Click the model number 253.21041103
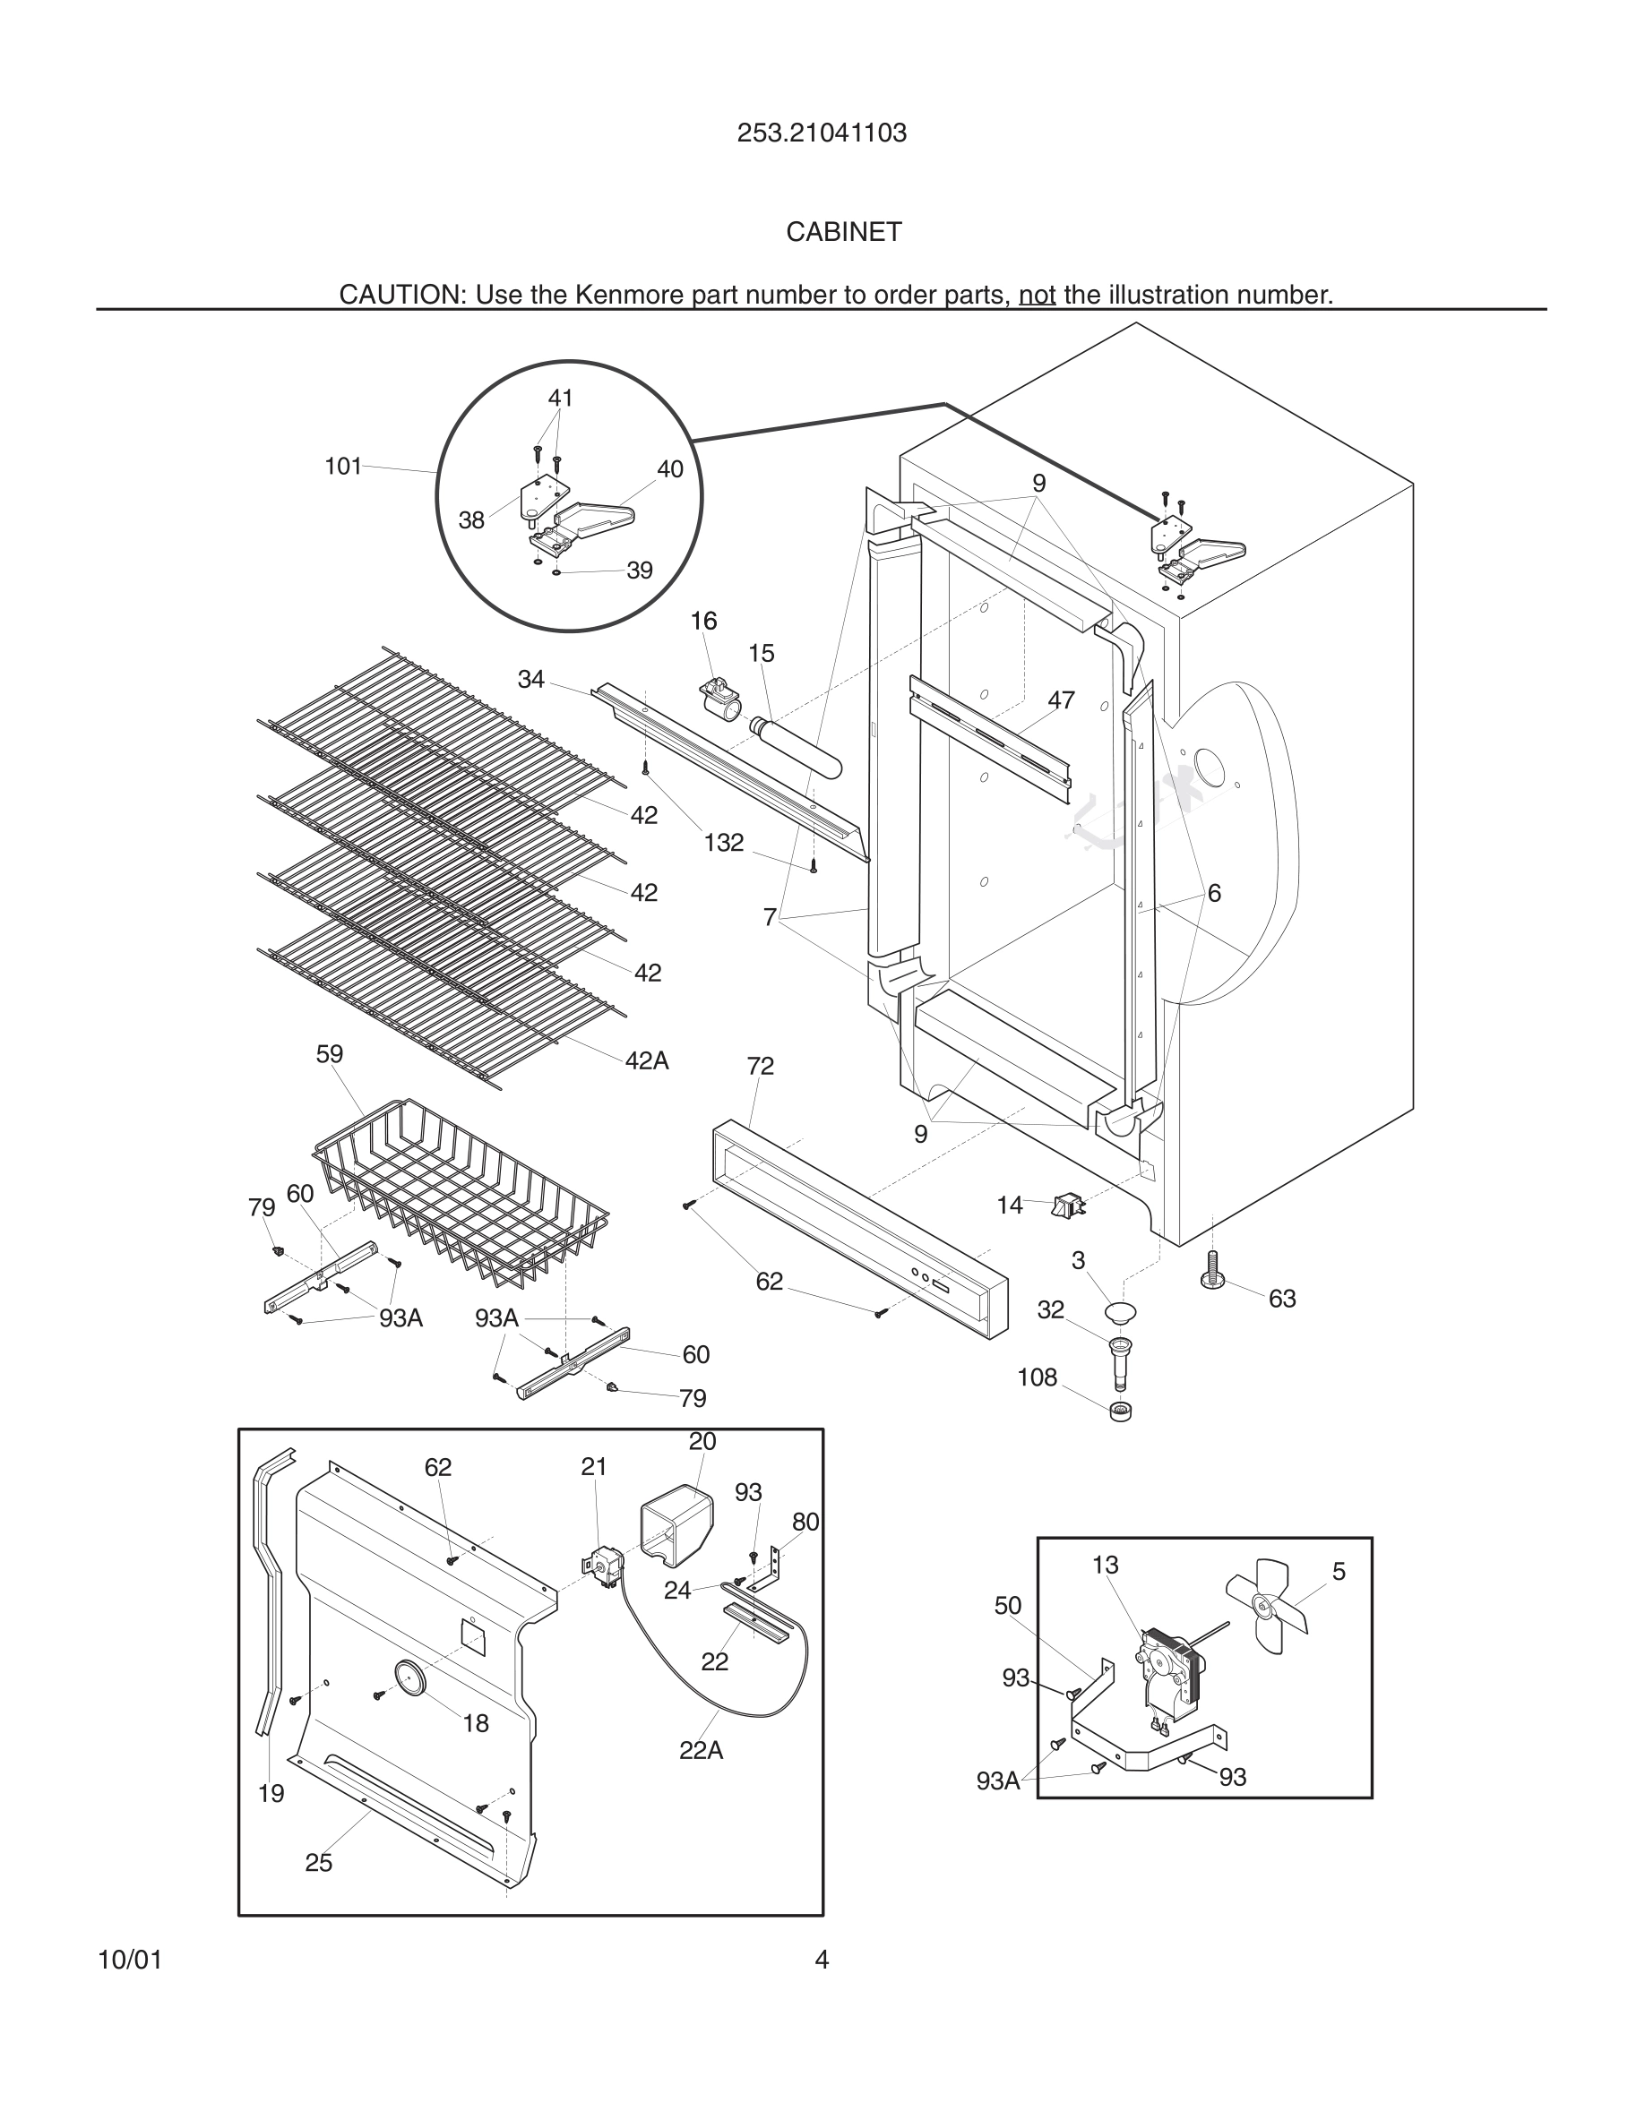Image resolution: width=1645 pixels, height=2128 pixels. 822,133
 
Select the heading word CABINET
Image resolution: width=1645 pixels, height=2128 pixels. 844,232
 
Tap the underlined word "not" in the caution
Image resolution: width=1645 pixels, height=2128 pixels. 1037,295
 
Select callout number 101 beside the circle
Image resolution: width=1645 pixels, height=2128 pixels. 343,467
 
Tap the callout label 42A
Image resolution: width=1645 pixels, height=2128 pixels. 646,1061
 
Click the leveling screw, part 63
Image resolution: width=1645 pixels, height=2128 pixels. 1212,1271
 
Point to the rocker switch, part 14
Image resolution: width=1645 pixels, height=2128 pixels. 1068,1207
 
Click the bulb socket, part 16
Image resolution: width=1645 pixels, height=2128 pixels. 721,698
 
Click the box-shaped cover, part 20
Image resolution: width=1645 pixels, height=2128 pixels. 676,1525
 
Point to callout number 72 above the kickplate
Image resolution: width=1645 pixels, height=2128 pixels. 760,1066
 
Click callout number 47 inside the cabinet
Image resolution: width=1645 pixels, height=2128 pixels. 1061,699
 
